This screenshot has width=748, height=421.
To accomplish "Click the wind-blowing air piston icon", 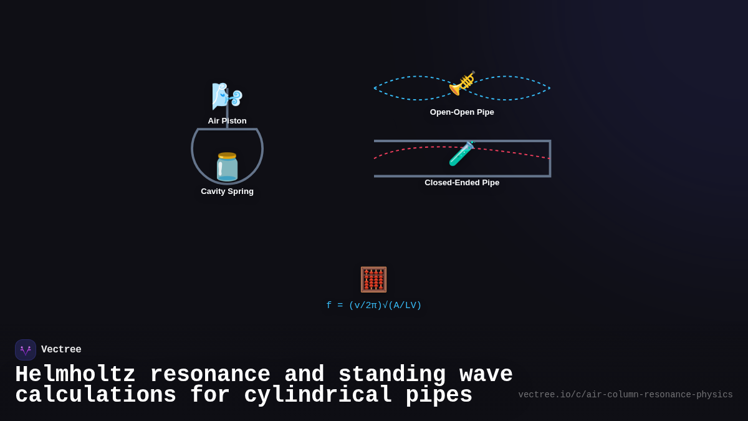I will click(226, 96).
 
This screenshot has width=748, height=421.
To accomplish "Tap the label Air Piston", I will click(227, 121).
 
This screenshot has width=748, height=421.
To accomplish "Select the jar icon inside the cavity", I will click(227, 167).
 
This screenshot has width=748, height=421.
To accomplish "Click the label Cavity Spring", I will click(227, 191).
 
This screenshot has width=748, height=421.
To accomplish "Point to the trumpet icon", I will click(462, 84).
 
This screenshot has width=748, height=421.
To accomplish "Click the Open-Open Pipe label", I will click(462, 112).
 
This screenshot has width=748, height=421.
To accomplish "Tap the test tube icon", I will click(462, 153).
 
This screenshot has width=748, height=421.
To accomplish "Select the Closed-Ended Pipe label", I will click(462, 183).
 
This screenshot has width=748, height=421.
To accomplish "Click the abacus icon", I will click(373, 279).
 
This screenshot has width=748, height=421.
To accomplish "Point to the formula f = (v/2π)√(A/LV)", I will click(373, 306).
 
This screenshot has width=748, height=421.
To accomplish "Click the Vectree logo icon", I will click(26, 350).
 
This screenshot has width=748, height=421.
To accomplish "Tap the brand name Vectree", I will click(61, 350).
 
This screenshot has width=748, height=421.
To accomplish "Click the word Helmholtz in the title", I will click(75, 375).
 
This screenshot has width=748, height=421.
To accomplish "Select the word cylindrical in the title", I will click(318, 395).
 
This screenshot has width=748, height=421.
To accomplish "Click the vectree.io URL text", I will click(625, 395).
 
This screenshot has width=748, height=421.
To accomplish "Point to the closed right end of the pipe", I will click(550, 158).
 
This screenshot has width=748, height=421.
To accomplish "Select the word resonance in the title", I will click(210, 375).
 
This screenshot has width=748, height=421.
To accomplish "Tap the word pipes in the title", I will click(439, 395).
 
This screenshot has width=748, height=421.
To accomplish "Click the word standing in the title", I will click(392, 375).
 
